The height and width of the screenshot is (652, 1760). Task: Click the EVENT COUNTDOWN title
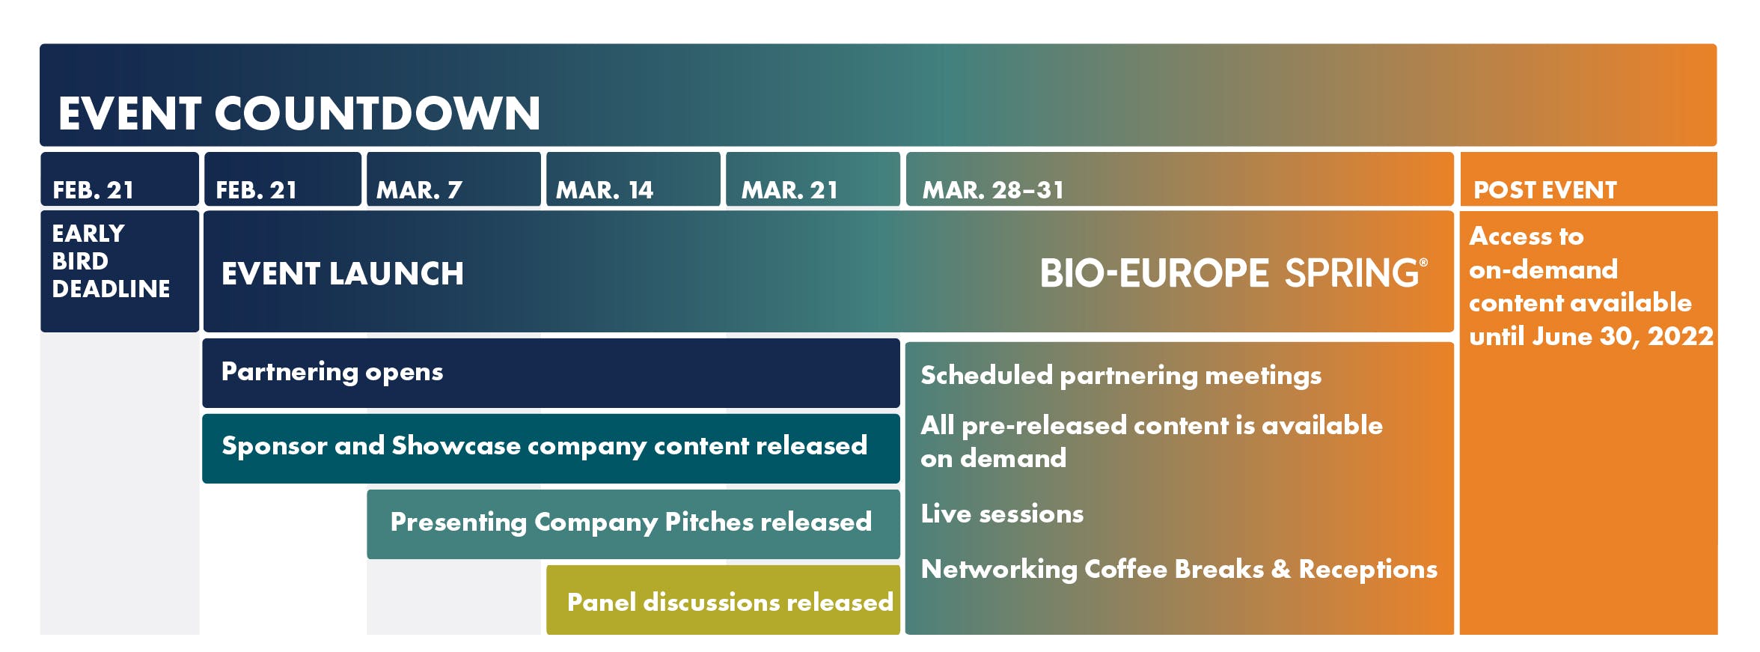299,114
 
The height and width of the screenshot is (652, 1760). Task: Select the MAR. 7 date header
453,179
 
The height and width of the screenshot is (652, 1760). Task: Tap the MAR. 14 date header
633,179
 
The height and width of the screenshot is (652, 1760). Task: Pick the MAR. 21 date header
813,179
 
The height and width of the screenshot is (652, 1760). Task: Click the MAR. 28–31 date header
1179,179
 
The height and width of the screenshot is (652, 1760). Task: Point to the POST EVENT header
1588,179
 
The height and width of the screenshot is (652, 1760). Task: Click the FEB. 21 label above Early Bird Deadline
120,179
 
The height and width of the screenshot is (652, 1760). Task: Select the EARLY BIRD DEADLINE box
120,271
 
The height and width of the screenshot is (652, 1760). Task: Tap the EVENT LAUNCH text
343,274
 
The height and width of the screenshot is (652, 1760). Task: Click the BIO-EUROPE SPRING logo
1233,273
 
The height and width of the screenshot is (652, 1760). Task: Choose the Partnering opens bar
551,373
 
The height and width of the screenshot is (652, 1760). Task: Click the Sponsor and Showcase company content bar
551,448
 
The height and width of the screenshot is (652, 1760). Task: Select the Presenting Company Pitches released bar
633,524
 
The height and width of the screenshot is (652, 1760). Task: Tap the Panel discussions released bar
723,600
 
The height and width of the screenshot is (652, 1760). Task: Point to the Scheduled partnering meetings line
1121,376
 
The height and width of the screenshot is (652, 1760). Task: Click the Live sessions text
1002,514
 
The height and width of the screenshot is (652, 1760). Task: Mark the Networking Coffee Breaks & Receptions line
1179,570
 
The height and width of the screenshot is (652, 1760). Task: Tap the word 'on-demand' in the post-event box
1543,269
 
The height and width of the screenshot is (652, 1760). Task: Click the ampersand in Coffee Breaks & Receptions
1281,569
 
